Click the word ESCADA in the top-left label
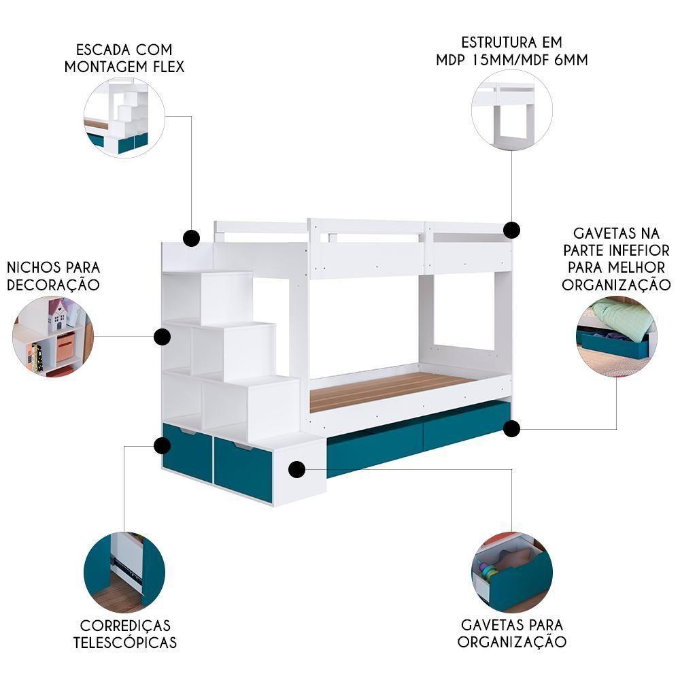coord(99,50)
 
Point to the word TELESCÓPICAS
coord(125,643)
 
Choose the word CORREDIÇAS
coord(125,626)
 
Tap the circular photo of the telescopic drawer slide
coord(124,573)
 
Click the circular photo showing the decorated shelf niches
coord(53,337)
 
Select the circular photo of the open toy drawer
coord(512,573)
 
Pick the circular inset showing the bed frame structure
coord(512,110)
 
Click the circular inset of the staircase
coord(124,117)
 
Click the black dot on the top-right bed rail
coord(512,230)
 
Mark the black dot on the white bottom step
coord(296,469)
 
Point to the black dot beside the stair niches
coord(163,337)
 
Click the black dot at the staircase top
coord(191,238)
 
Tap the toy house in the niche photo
coord(58,316)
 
